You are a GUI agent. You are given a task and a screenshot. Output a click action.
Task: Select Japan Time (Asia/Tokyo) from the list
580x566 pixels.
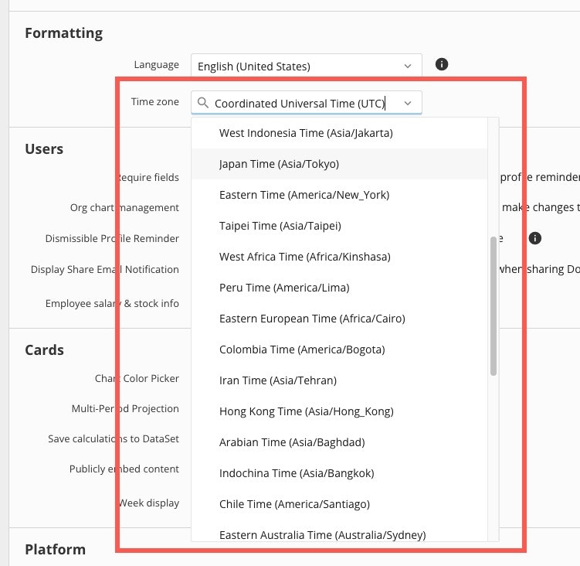pos(279,164)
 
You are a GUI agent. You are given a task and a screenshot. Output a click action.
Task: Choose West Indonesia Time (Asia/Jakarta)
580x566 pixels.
pos(306,133)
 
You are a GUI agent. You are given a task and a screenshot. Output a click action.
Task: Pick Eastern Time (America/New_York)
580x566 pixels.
pos(304,195)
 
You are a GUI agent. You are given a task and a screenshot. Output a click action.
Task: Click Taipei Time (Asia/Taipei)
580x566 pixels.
pos(280,226)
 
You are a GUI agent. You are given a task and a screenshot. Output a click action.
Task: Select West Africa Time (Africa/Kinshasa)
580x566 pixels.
pos(305,257)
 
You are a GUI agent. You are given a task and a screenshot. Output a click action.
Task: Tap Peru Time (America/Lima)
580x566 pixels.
pos(284,288)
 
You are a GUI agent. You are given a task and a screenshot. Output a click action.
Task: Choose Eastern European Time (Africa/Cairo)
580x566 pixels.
pos(312,319)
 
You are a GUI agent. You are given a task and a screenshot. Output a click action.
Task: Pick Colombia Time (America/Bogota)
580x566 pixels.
pos(302,349)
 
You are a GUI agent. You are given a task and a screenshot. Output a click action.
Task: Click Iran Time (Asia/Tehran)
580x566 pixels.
pos(278,380)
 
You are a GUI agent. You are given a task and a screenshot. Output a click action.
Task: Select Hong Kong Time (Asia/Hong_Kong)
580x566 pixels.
pos(307,411)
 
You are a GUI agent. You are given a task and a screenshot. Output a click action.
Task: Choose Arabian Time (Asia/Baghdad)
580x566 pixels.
pos(292,442)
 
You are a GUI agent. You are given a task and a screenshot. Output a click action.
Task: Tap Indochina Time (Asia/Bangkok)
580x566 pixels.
pos(297,473)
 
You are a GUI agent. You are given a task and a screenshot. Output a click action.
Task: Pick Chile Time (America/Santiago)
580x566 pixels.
pos(294,504)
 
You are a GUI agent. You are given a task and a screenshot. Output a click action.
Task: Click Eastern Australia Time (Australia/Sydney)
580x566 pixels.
pos(323,535)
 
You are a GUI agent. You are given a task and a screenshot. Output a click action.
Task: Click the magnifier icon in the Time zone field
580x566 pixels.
pos(202,102)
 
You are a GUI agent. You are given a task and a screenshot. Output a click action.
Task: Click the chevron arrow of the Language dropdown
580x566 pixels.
pos(408,66)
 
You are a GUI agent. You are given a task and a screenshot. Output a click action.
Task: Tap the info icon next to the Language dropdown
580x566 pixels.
pos(442,64)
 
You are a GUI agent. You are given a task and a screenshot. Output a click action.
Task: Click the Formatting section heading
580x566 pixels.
pos(63,33)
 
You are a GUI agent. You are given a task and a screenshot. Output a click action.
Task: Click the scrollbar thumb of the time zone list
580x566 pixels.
pos(493,306)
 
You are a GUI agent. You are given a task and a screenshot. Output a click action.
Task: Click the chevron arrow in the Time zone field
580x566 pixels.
pos(408,104)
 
